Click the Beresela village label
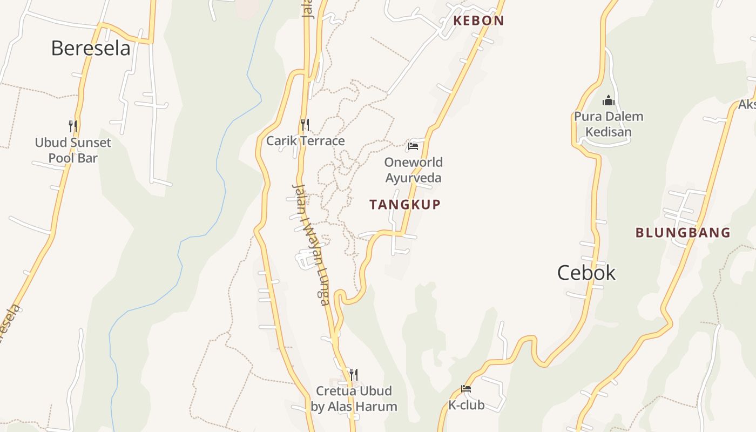point(91,49)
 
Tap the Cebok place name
point(586,273)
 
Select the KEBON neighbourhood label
point(478,21)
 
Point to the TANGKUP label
point(405,205)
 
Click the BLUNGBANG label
point(683,233)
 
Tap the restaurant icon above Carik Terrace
point(305,125)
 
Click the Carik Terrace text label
point(305,141)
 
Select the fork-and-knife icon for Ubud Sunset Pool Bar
point(73,126)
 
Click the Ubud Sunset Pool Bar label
point(73,151)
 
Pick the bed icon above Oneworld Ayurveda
point(413,146)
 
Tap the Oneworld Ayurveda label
point(413,170)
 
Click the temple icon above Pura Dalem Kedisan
point(609,100)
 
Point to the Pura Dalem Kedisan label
point(609,124)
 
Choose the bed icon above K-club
point(466,389)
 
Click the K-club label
point(466,405)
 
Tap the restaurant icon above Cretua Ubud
point(354,374)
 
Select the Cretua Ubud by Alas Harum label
point(354,399)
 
